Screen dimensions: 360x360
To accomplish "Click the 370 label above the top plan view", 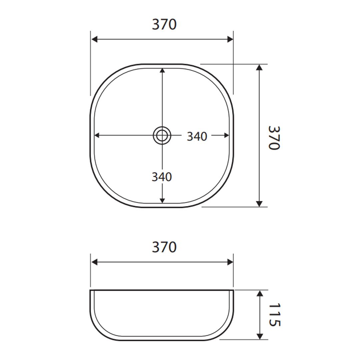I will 164,25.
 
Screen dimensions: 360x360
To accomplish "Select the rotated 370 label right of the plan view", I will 274,138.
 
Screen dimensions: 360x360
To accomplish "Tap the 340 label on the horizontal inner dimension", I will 197,136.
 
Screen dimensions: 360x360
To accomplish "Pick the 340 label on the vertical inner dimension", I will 162,177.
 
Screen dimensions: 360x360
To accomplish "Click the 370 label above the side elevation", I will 164,247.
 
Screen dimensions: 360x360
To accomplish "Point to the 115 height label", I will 274,315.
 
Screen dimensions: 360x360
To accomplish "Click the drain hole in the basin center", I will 162,135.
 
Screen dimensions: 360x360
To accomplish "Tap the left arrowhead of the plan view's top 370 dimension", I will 94,39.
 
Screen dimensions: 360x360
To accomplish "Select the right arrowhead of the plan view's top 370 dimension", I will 230,39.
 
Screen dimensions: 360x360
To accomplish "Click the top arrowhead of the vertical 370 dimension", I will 259,67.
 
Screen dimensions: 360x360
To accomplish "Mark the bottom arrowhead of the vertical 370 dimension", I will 259,204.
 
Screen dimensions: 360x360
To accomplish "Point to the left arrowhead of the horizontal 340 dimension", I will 97,135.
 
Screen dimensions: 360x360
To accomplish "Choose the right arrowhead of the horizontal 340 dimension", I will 227,135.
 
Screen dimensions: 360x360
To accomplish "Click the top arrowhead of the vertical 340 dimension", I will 162,70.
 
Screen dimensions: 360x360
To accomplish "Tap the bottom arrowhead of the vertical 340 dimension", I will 162,200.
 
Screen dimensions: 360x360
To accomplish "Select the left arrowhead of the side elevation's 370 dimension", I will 94,262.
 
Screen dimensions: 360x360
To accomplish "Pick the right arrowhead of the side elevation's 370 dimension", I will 230,262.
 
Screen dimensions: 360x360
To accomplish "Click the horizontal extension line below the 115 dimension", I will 243,340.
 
